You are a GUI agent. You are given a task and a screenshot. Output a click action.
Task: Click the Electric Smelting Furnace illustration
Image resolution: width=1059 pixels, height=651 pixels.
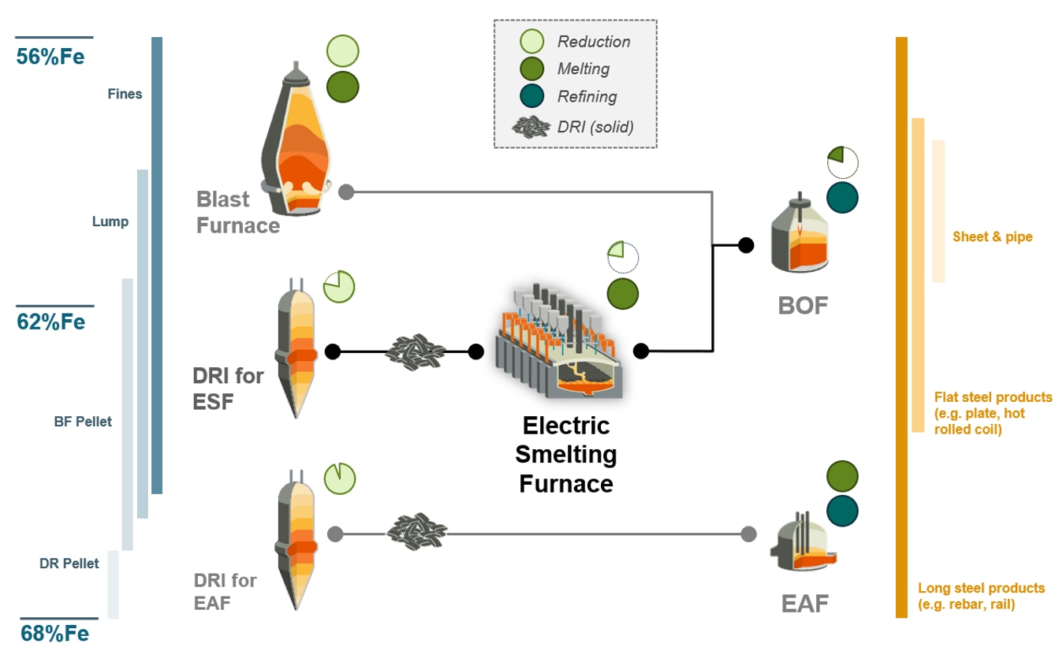pos(559,341)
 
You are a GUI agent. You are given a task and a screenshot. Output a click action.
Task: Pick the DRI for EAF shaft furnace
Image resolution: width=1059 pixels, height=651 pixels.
pos(296,540)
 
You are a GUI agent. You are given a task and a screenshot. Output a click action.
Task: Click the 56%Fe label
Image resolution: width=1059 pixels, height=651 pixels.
pos(50,57)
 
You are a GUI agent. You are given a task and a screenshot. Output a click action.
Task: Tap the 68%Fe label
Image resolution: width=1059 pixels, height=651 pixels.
pos(54,634)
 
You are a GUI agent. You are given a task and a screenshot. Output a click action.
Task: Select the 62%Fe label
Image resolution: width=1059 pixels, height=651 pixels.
pos(50,322)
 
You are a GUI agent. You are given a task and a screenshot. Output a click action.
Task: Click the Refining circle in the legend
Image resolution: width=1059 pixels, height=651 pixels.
pos(531,96)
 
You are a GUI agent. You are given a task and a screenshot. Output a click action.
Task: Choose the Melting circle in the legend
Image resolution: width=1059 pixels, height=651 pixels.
pos(531,69)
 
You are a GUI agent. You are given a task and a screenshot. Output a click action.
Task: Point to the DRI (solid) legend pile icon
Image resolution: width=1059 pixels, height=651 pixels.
pos(531,127)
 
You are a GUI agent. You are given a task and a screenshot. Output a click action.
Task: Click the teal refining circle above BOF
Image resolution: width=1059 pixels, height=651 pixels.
pos(842,198)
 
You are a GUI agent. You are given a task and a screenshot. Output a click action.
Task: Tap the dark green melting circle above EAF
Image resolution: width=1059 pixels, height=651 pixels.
pos(842,476)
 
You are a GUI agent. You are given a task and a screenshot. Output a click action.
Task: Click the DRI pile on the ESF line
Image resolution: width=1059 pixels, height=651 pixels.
pos(415,352)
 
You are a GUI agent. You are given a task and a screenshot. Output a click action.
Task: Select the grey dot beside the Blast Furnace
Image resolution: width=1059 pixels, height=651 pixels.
pos(346,192)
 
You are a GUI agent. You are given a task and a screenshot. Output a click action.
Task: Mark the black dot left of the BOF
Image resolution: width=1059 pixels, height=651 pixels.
pos(746,244)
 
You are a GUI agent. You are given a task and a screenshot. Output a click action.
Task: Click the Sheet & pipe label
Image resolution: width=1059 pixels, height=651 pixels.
pos(992,236)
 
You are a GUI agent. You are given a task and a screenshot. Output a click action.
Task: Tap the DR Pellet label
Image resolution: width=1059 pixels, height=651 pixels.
pos(69,564)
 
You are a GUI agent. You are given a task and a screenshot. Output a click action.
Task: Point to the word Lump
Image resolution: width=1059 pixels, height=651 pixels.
pos(110,221)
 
